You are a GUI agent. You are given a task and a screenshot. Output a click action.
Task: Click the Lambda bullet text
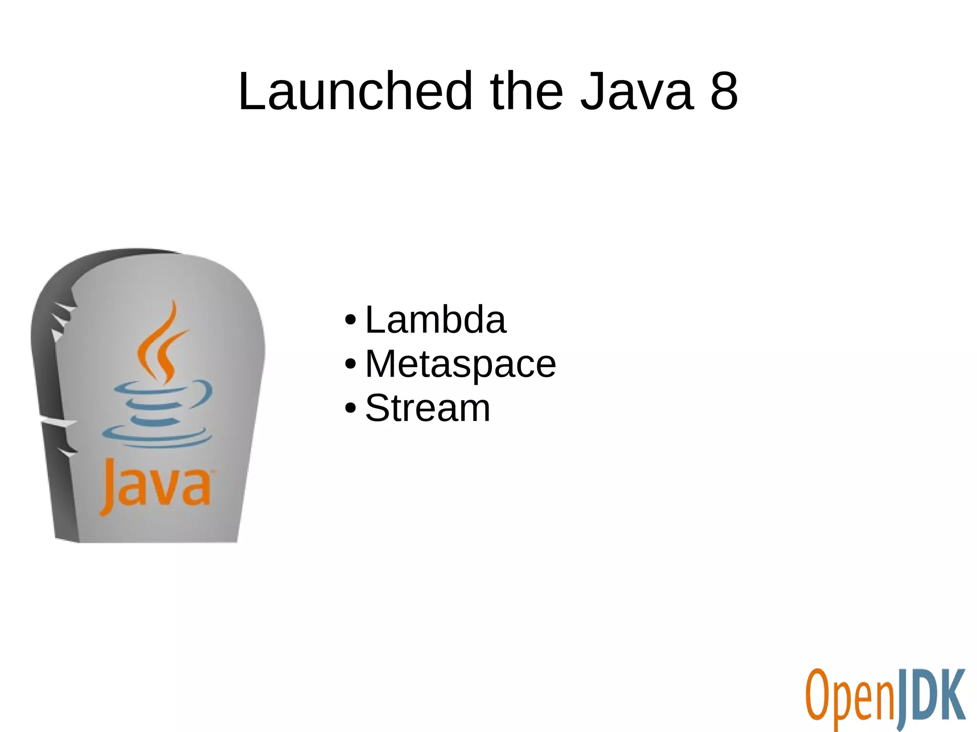pyautogui.click(x=435, y=320)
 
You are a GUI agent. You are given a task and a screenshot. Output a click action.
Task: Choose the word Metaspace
pyautogui.click(x=460, y=364)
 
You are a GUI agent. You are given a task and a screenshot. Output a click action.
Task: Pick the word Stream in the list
pyautogui.click(x=427, y=408)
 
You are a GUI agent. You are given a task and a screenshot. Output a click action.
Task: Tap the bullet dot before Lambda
pyautogui.click(x=350, y=320)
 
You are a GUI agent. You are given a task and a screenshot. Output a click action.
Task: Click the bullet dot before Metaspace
pyautogui.click(x=350, y=364)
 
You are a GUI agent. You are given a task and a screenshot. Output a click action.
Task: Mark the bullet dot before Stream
pyautogui.click(x=350, y=409)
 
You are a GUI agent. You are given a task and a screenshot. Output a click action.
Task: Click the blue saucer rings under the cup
pyautogui.click(x=157, y=436)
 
